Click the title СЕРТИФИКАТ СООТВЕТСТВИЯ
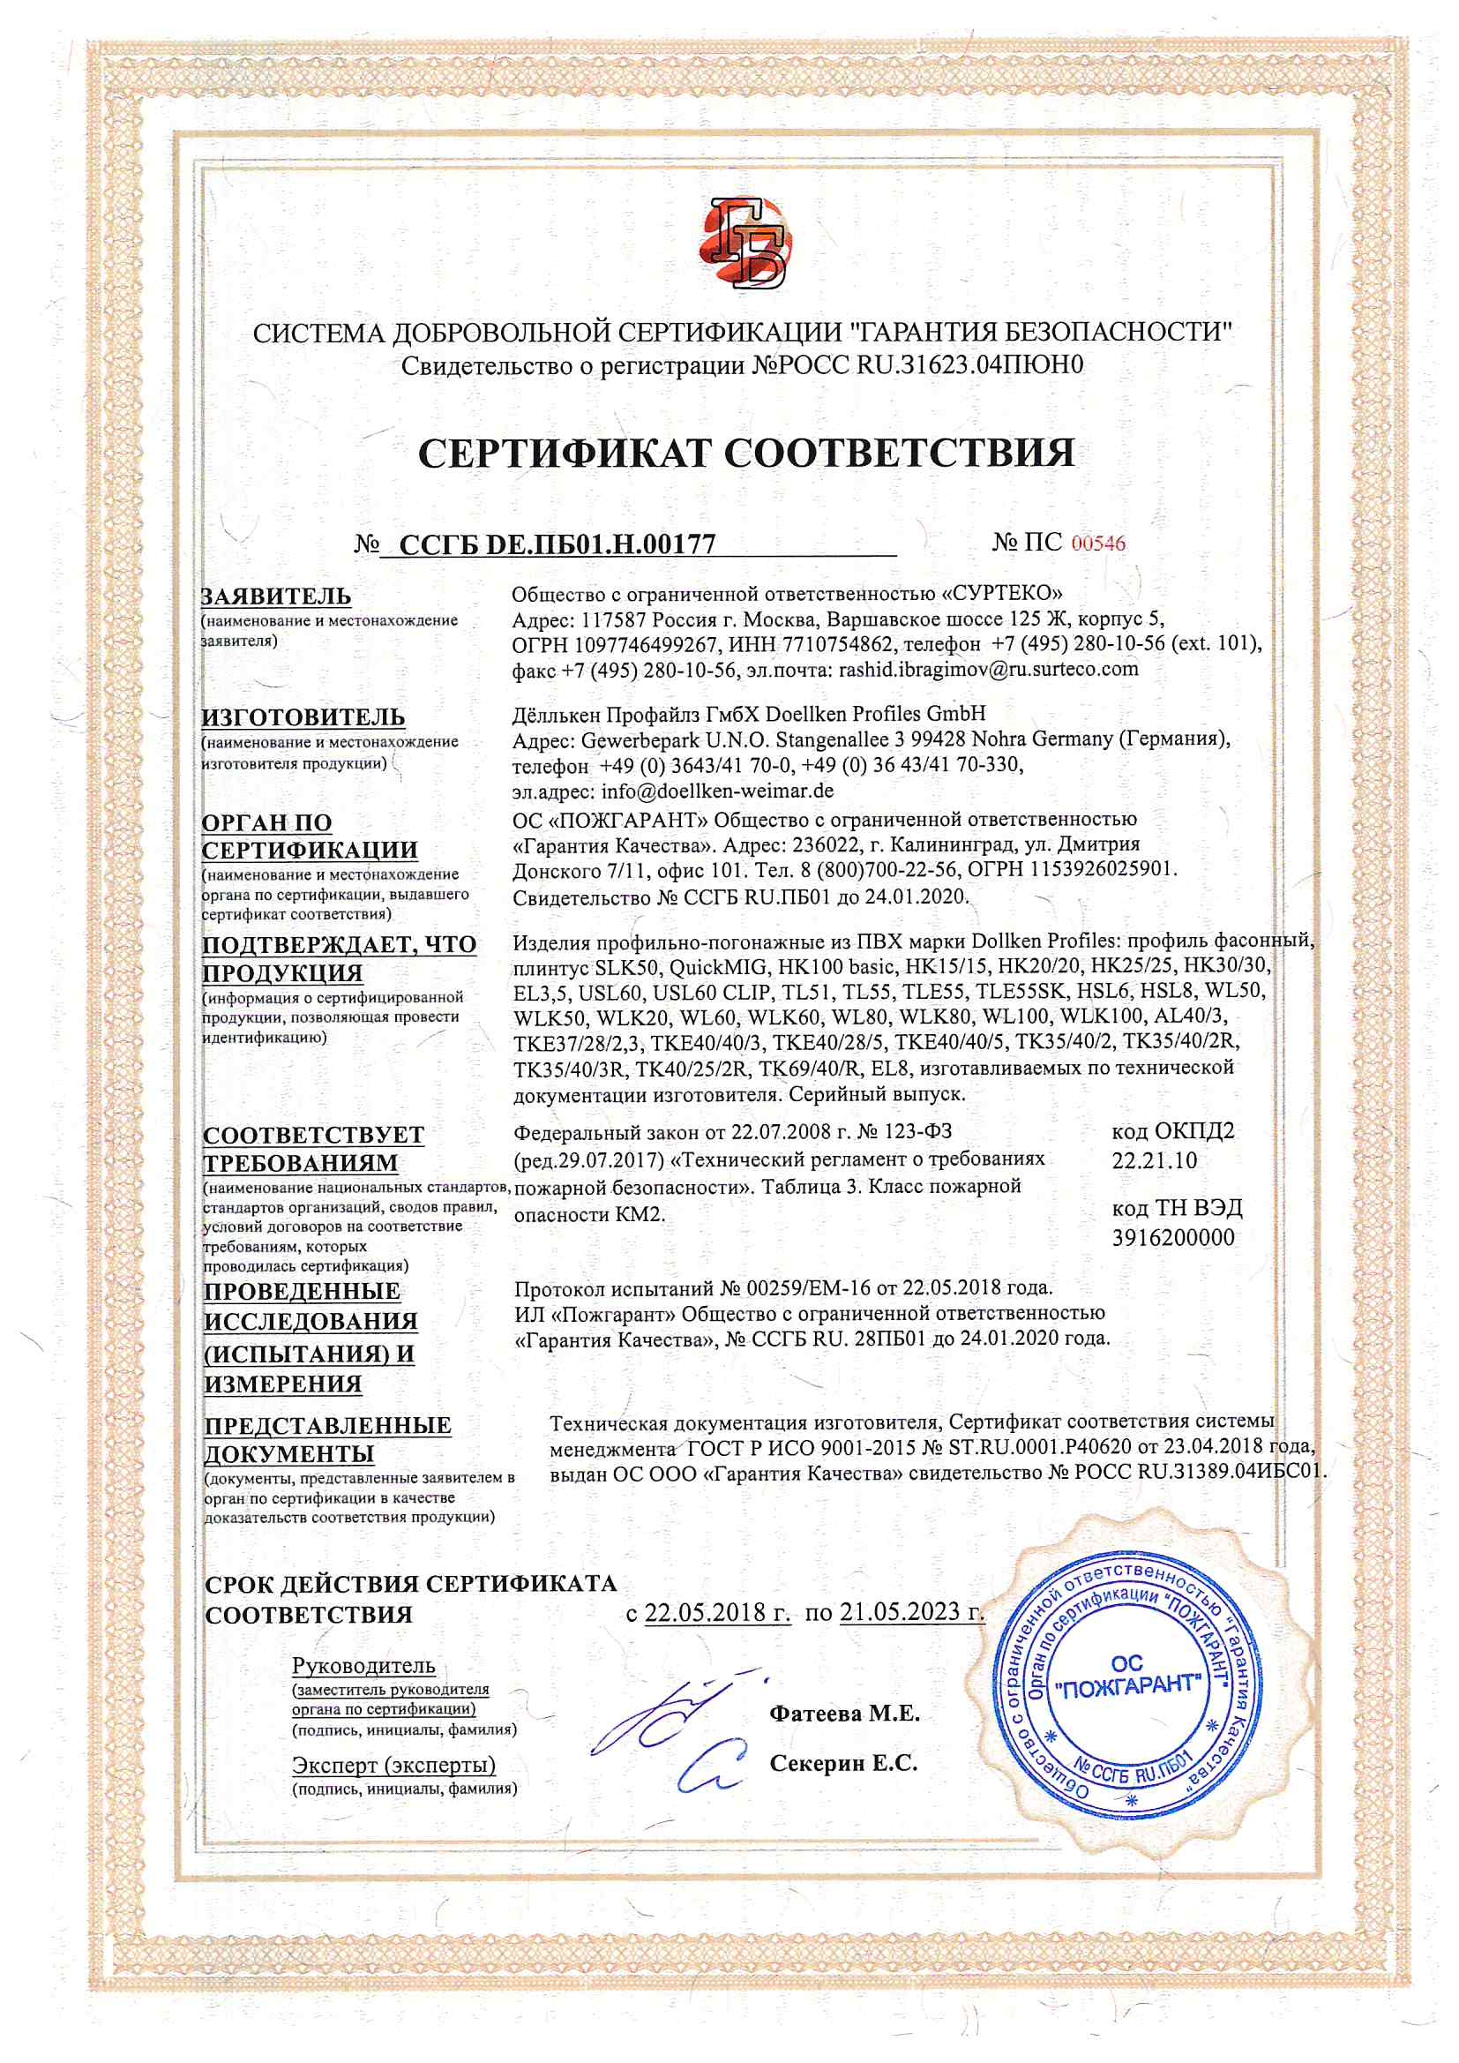click(745, 453)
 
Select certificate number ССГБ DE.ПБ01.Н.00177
click(557, 544)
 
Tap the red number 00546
click(1099, 544)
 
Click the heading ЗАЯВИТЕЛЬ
click(277, 596)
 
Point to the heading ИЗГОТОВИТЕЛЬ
click(303, 717)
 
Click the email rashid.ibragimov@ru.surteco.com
click(988, 670)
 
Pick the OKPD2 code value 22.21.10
click(1155, 1160)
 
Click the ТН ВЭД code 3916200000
click(1173, 1237)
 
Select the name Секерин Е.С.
click(843, 1764)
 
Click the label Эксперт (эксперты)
click(393, 1766)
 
